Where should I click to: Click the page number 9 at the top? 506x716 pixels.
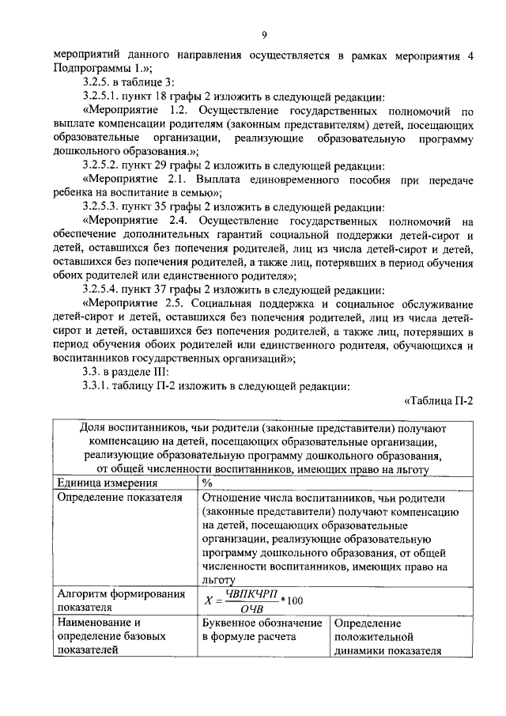[x=264, y=33]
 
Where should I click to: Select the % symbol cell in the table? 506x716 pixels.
[x=207, y=483]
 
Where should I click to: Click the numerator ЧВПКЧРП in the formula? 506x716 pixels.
[x=247, y=593]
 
